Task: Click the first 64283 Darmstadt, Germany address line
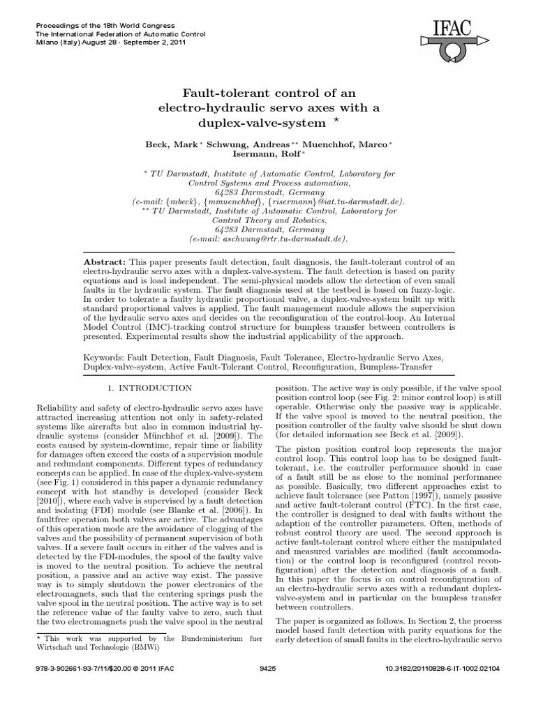coord(268,192)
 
